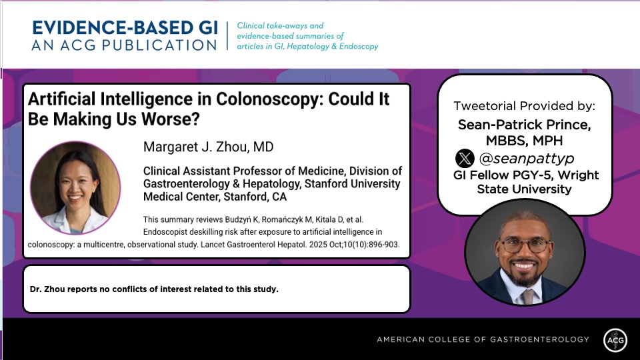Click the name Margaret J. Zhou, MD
point(208,147)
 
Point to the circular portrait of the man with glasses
point(524,252)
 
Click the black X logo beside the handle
point(465,158)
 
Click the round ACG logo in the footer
point(615,339)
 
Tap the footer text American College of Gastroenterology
point(483,339)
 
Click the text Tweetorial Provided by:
point(524,106)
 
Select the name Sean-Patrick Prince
point(524,125)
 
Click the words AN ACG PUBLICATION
point(124,45)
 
